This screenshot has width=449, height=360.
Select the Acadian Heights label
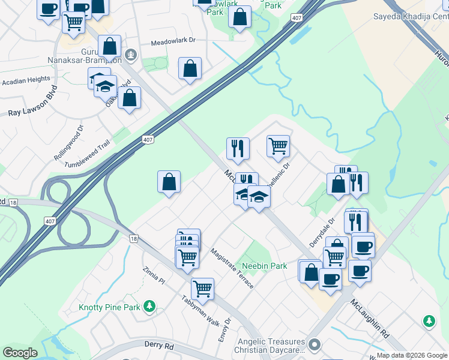coord(26,79)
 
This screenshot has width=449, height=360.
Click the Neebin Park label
coord(264,265)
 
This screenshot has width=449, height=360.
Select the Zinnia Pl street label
coord(154,276)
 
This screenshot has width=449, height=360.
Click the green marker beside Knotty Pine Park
coord(150,307)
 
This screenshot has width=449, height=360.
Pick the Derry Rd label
coord(159,346)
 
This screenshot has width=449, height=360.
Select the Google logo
coord(20,353)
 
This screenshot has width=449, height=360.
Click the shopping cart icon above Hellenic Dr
coord(278,145)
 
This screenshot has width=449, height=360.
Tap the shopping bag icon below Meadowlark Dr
coord(190,68)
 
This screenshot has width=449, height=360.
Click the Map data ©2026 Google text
coord(412,355)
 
